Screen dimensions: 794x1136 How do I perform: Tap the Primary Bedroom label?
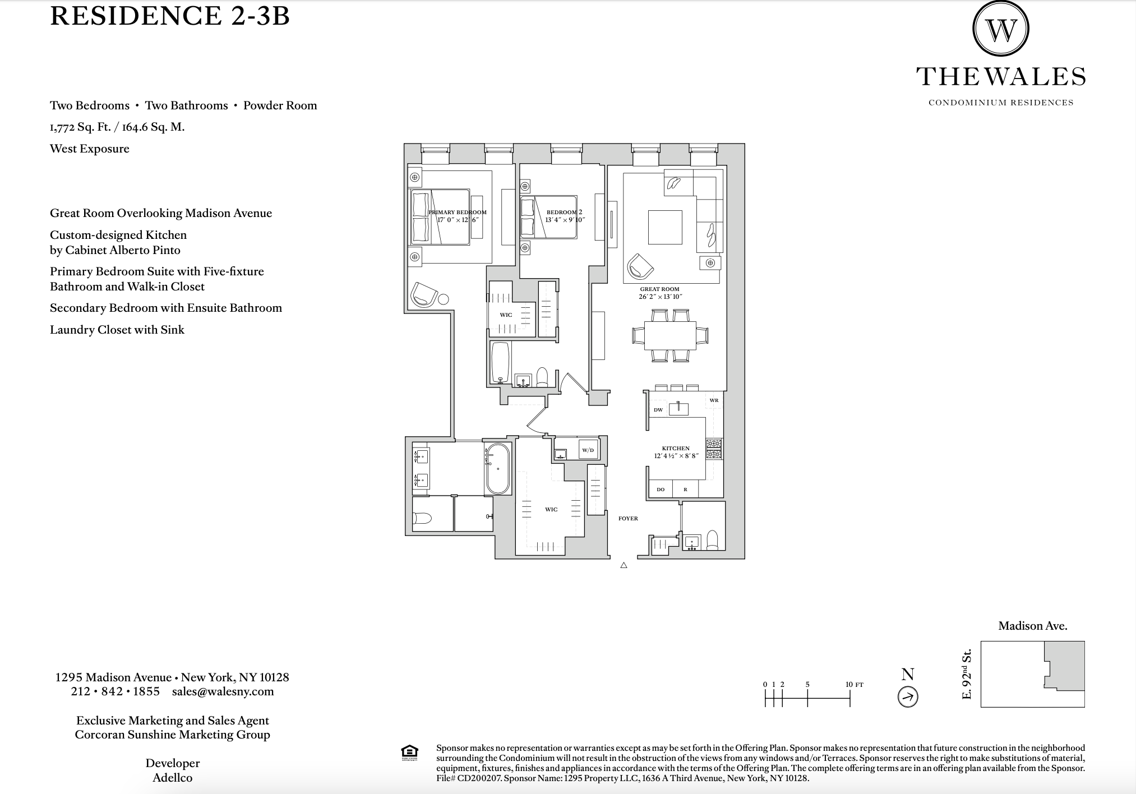click(x=458, y=213)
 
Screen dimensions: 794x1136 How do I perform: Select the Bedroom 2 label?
click(x=564, y=213)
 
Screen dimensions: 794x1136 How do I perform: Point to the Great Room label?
click(x=659, y=289)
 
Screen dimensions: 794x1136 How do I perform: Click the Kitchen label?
click(x=676, y=449)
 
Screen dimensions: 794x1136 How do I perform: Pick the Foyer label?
click(x=628, y=519)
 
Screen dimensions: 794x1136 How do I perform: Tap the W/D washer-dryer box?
click(x=588, y=450)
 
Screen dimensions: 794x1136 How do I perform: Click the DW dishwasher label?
click(x=658, y=410)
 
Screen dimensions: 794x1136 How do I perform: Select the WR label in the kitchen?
click(x=714, y=400)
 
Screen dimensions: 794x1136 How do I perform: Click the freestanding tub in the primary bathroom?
click(x=498, y=468)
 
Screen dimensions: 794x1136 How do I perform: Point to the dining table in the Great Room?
click(x=670, y=335)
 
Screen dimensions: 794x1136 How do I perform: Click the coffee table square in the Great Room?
click(x=665, y=227)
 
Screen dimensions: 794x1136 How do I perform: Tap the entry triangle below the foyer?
click(x=624, y=566)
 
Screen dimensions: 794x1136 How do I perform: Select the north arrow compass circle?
click(x=908, y=697)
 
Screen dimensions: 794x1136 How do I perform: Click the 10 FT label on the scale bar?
click(x=855, y=685)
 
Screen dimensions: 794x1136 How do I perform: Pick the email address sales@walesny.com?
click(x=223, y=691)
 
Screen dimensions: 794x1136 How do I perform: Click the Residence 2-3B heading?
click(x=170, y=16)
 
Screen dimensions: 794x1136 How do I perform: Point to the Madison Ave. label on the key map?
click(x=1032, y=626)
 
